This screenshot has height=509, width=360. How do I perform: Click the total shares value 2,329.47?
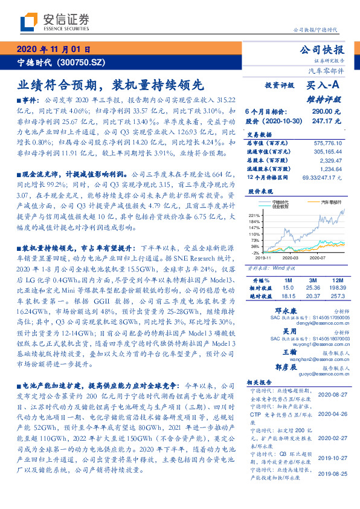(331, 160)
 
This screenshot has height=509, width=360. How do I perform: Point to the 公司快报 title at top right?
(326, 50)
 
